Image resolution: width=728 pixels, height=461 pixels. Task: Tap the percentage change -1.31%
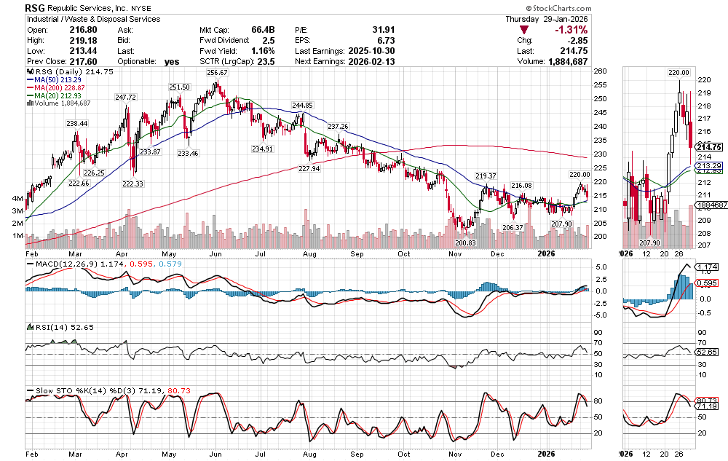[571, 30]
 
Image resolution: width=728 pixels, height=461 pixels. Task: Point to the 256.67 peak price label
[217, 73]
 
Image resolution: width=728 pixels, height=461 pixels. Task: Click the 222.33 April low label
[133, 184]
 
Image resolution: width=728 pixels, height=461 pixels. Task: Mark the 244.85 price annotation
[302, 106]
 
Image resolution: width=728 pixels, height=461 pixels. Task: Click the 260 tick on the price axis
[599, 72]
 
